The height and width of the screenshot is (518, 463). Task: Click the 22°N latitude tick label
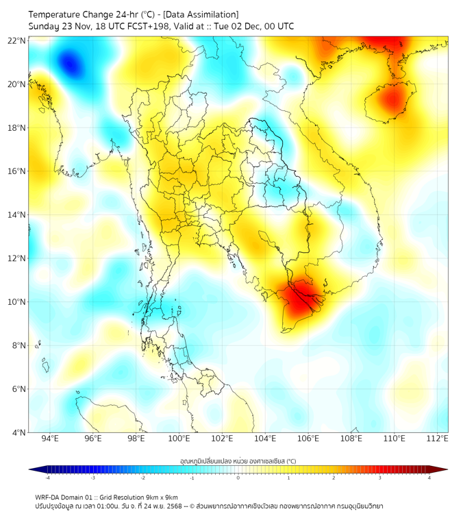pos(17,40)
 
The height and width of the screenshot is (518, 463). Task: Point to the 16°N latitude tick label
pos(17,171)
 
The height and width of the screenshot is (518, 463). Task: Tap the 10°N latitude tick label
pos(17,302)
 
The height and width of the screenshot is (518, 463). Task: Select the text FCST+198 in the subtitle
pos(147,26)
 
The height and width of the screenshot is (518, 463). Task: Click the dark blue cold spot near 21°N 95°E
pos(69,64)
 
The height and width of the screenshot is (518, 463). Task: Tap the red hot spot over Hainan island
pos(392,101)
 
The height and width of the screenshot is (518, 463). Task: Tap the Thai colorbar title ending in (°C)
pos(238,461)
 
